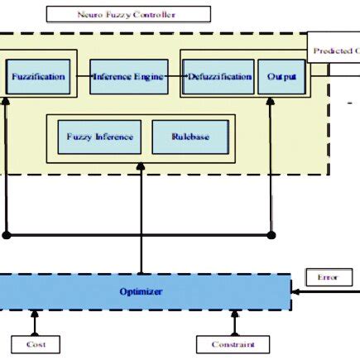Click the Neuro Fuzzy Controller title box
pyautogui.click(x=127, y=14)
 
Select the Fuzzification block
pyautogui.click(x=37, y=76)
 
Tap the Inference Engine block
pyautogui.click(x=127, y=76)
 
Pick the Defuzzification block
pyautogui.click(x=218, y=76)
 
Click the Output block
pyautogui.click(x=276, y=76)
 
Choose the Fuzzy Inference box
pyautogui.click(x=99, y=137)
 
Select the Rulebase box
pyautogui.click(x=190, y=137)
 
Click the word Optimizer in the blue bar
pyautogui.click(x=141, y=292)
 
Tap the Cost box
pyautogui.click(x=36, y=344)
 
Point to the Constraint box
pyautogui.click(x=234, y=344)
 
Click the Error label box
pyautogui.click(x=328, y=277)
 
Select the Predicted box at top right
pyautogui.click(x=334, y=50)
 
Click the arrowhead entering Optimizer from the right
pyautogui.click(x=295, y=292)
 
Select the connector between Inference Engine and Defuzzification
pyautogui.click(x=173, y=76)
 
